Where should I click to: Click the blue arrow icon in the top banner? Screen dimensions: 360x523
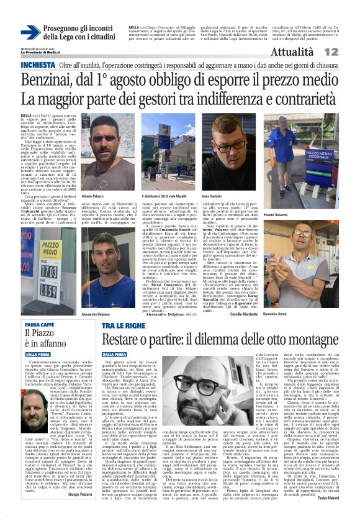point(30,32)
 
